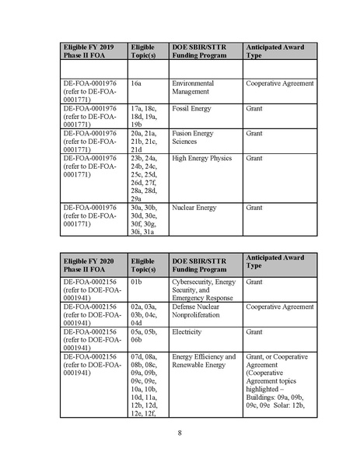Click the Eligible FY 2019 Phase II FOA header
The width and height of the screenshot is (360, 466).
pos(89,51)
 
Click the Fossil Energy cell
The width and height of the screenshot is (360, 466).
pos(191,109)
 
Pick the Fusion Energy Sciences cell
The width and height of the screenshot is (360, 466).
pos(192,138)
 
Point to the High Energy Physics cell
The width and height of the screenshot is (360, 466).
pos(201,159)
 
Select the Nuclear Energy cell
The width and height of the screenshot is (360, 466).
pos(194,208)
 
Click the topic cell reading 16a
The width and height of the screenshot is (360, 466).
pos(136,83)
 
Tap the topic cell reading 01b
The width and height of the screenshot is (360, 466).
pos(136,282)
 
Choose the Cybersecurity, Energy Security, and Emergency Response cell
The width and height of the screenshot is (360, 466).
pos(204,290)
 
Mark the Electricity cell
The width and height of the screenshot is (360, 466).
pos(187,332)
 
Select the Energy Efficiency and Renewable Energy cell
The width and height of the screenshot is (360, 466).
pos(204,361)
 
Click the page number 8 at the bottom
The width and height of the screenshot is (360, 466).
pos(180,433)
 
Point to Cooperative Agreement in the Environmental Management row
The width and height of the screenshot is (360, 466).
pos(279,83)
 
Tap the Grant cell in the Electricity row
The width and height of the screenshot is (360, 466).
pos(254,332)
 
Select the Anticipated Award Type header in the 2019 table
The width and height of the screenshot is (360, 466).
pos(274,51)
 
